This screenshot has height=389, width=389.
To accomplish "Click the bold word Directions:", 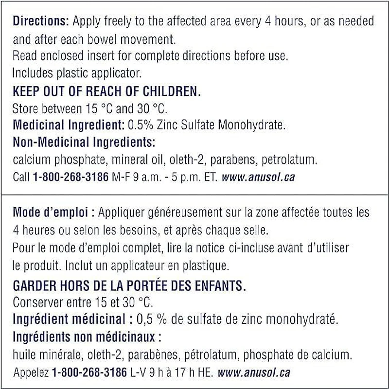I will point(41,21).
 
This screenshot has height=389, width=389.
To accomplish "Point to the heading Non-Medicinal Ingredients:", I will point(84,142).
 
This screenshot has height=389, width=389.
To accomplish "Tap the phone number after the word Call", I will point(71,177).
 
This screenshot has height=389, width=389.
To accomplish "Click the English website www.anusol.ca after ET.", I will point(258,177).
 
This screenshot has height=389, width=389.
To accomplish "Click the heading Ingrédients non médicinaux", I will point(86,336).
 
